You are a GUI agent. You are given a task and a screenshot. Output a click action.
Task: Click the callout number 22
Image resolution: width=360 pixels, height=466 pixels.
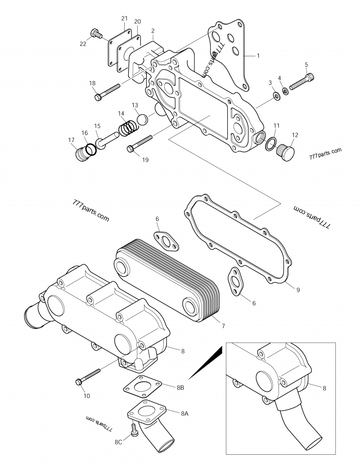point(82,44)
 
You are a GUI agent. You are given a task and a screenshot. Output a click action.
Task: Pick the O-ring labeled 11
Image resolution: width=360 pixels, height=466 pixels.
point(271,144)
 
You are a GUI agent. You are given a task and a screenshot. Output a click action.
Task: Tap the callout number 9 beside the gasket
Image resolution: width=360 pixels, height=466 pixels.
point(298,290)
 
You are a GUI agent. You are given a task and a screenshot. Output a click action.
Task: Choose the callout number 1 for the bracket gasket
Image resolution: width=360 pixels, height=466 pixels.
point(258,56)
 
